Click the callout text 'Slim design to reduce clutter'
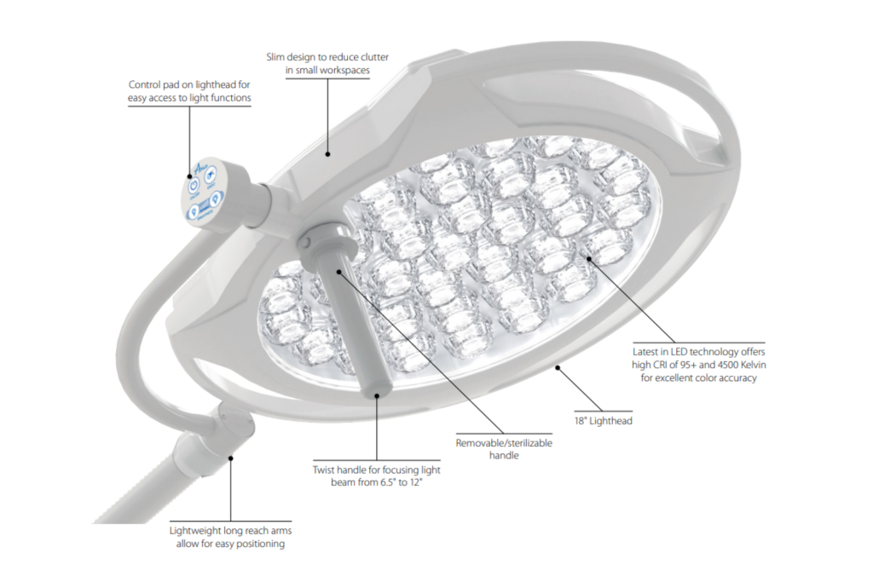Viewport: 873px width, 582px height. (x=327, y=57)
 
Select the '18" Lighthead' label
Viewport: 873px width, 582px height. (x=603, y=421)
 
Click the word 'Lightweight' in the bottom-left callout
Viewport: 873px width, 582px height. (x=198, y=530)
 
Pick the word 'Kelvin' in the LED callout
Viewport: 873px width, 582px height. (x=737, y=365)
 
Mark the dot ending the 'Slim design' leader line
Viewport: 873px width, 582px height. (x=327, y=154)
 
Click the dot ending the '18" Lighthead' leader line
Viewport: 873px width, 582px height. (x=558, y=368)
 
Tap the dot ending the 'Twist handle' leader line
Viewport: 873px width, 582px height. (x=376, y=394)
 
